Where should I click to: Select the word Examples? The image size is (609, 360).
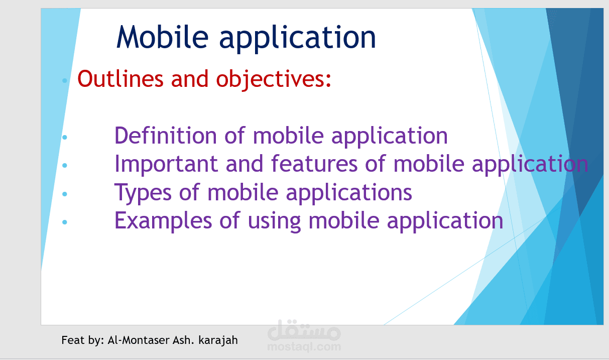[164, 221]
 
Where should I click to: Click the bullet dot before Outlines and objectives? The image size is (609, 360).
[64, 80]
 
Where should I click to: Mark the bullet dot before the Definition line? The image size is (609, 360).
[64, 137]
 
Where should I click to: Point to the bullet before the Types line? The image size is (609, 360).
[64, 193]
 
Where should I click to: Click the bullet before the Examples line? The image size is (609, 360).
[64, 221]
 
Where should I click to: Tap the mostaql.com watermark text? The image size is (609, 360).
[304, 346]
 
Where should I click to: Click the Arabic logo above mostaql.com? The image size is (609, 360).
[304, 330]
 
